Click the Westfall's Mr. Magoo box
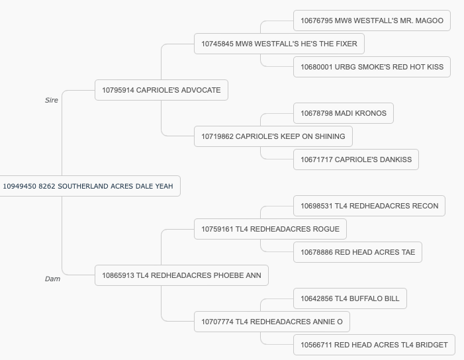tap(372, 21)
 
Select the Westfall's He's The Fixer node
tap(279, 44)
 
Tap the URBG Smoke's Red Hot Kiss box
tap(372, 67)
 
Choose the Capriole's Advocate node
tap(162, 90)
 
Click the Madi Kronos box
tap(344, 113)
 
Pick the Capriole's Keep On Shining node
tap(273, 136)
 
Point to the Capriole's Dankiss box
tap(356, 159)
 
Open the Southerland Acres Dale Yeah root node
tap(89, 186)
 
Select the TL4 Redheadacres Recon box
tap(369, 206)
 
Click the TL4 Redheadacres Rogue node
tap(270, 229)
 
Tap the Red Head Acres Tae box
tap(357, 252)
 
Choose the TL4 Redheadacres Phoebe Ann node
tap(181, 275)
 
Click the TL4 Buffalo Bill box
tap(350, 298)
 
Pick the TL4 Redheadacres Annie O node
tap(272, 322)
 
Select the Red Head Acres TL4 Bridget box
tap(374, 345)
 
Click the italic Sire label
tap(52, 101)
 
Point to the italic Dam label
tap(53, 279)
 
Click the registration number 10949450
tap(20, 187)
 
